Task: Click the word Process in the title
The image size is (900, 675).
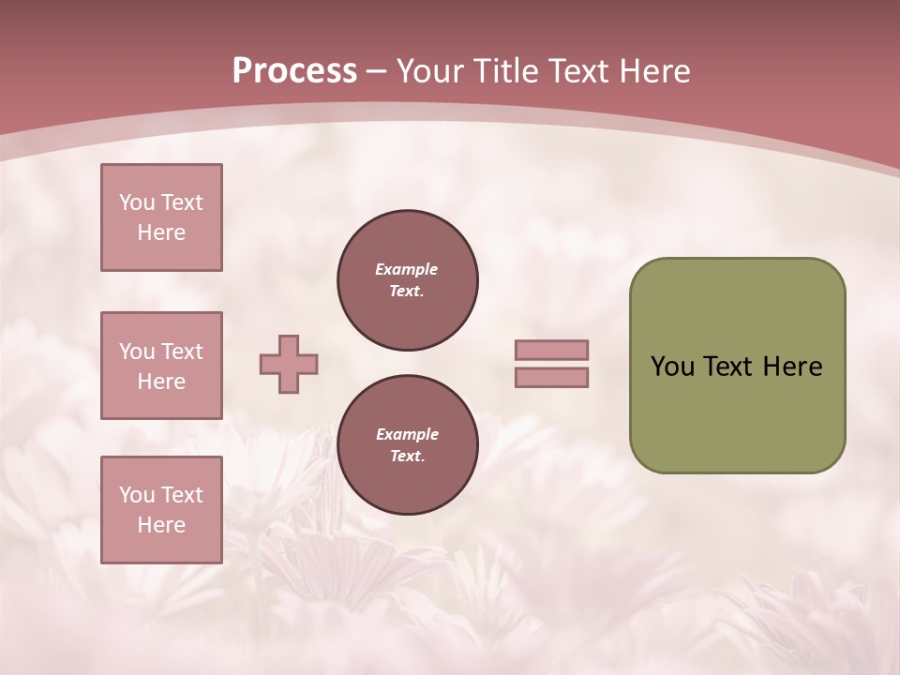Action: (x=294, y=71)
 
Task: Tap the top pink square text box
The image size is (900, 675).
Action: (x=161, y=217)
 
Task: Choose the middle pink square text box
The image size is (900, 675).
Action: (x=161, y=366)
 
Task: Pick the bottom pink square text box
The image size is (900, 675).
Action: (x=161, y=510)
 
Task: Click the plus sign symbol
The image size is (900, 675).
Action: (x=289, y=365)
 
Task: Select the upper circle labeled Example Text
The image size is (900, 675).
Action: (x=408, y=280)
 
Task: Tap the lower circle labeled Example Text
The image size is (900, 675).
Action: (x=408, y=445)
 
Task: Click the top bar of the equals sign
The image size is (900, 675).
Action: (x=551, y=351)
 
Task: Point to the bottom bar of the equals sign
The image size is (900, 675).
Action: (x=551, y=378)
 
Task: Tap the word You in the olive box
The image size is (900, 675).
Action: (x=672, y=367)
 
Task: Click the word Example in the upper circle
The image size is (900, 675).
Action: (x=407, y=269)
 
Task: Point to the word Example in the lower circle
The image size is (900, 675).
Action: (x=407, y=434)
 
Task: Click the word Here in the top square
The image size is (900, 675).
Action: (x=161, y=232)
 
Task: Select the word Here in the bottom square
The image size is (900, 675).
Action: (x=161, y=525)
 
